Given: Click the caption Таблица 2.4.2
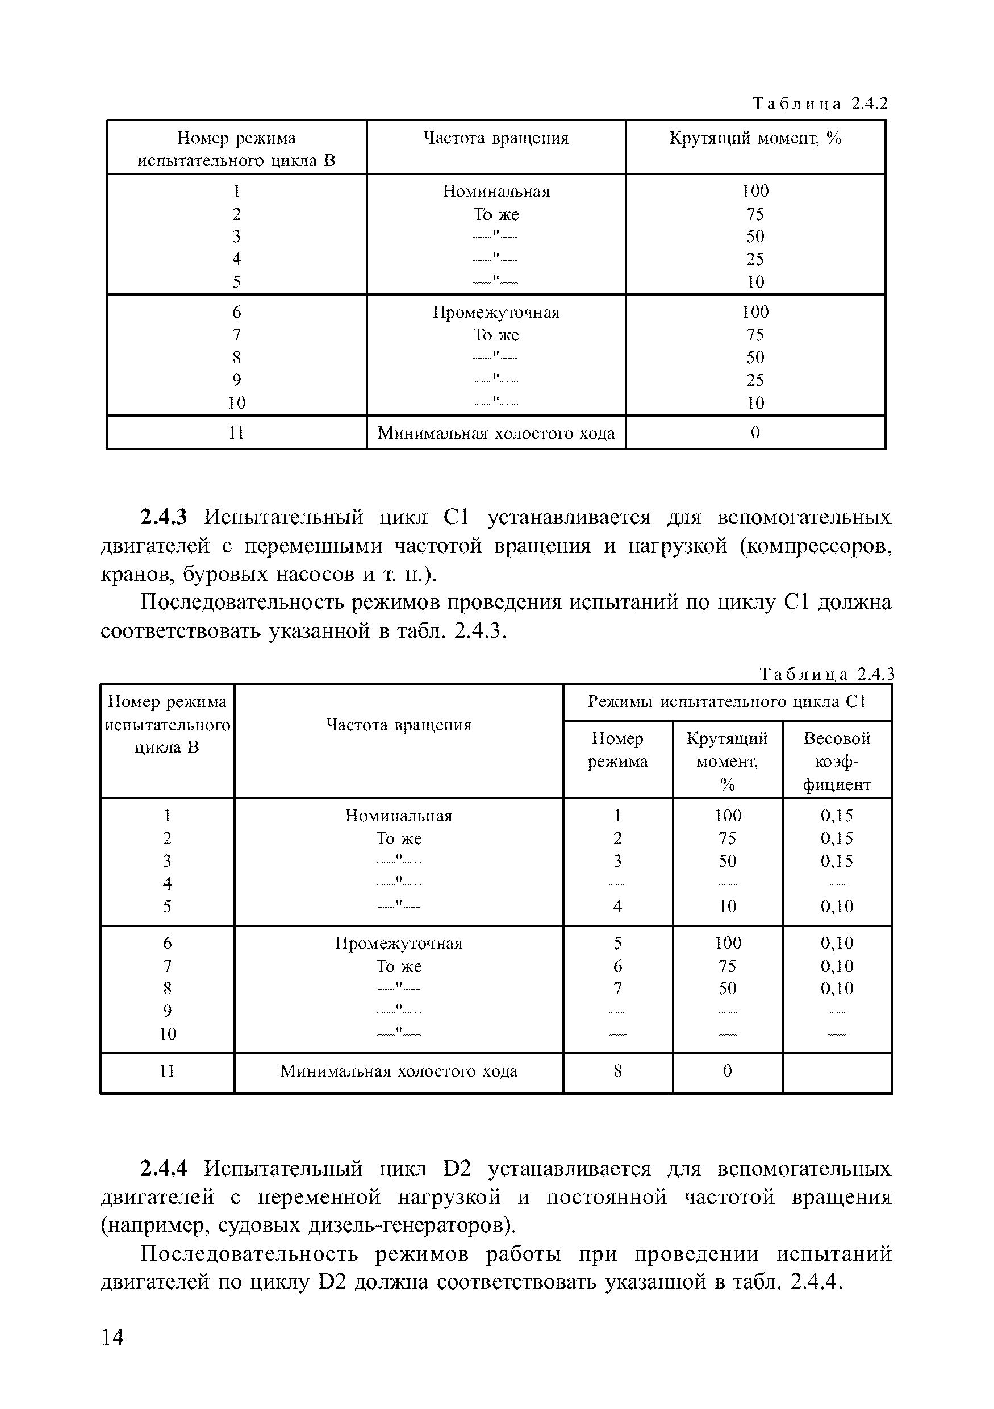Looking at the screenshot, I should pyautogui.click(x=820, y=103).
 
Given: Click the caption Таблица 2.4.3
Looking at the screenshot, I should pyautogui.click(x=826, y=675).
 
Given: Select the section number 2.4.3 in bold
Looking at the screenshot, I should pyautogui.click(x=163, y=517).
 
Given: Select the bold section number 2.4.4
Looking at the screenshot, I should pyautogui.click(x=163, y=1169).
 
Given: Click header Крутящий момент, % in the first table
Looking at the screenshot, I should pyautogui.click(x=755, y=139).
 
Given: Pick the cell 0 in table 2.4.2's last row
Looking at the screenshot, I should pyautogui.click(x=755, y=433).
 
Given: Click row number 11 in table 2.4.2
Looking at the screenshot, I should pyautogui.click(x=237, y=433).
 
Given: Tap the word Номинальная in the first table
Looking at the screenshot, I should pyautogui.click(x=496, y=192).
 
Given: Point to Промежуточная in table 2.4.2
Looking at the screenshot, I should pyautogui.click(x=496, y=313).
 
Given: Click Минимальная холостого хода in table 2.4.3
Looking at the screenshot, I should pyautogui.click(x=399, y=1071).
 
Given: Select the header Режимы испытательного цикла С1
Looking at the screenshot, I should pyautogui.click(x=726, y=701).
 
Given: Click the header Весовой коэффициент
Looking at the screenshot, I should pyautogui.click(x=837, y=761).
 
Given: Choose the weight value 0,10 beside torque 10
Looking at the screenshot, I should pyautogui.click(x=837, y=907).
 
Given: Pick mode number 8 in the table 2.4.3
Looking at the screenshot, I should pyautogui.click(x=617, y=1071).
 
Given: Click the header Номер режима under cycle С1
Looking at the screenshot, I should pyautogui.click(x=617, y=750).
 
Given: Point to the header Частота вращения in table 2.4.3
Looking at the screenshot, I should pyautogui.click(x=399, y=725).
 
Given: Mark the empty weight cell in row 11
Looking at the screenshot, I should pyautogui.click(x=837, y=1071).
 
